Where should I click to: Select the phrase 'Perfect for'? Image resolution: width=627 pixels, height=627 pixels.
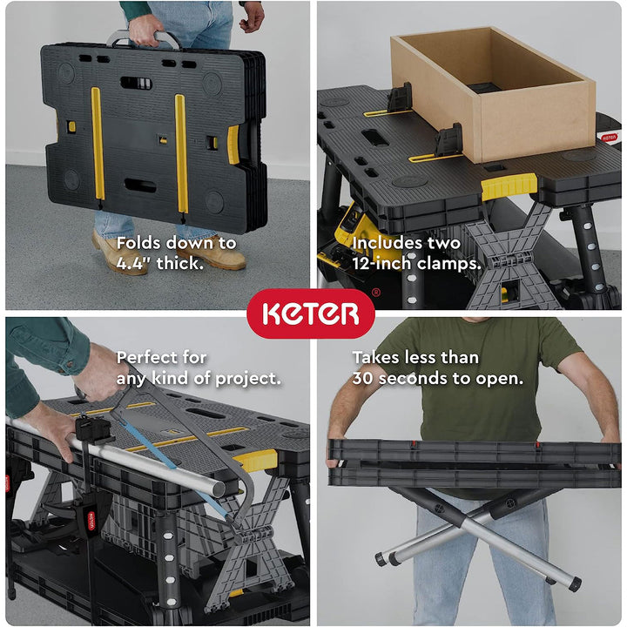162,357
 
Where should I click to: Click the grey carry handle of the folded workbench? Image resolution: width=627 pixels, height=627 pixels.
144,38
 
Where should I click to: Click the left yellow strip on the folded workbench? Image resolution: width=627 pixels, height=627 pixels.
98,148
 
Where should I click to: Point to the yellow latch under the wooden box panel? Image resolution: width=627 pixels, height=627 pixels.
509,185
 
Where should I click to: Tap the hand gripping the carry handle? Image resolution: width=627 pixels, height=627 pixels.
145,26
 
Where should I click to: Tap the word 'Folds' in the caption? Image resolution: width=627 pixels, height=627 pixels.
138,243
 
